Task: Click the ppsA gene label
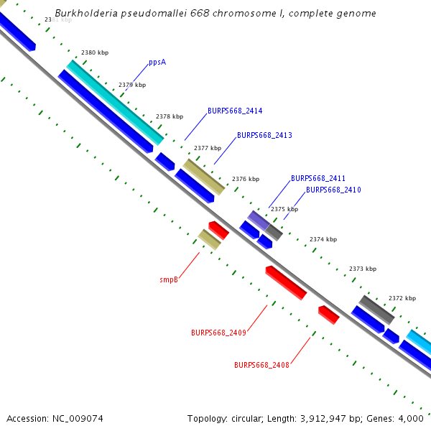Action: [x=157, y=62]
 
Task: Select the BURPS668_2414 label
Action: [x=235, y=111]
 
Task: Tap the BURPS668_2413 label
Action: [x=264, y=135]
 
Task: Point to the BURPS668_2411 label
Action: [x=318, y=178]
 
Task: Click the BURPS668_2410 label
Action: [x=333, y=190]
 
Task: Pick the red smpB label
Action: [x=169, y=279]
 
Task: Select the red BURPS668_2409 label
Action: [x=218, y=333]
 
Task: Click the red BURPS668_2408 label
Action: [x=261, y=365]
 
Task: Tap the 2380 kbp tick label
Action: [x=95, y=53]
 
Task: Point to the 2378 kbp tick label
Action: [x=170, y=116]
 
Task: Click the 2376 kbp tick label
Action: [x=246, y=179]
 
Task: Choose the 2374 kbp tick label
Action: [x=323, y=239]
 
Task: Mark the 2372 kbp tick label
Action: [x=402, y=298]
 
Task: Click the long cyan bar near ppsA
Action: [x=115, y=102]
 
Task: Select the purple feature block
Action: [x=258, y=220]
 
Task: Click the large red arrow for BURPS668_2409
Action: [x=286, y=282]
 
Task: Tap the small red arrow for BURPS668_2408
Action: [x=328, y=315]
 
